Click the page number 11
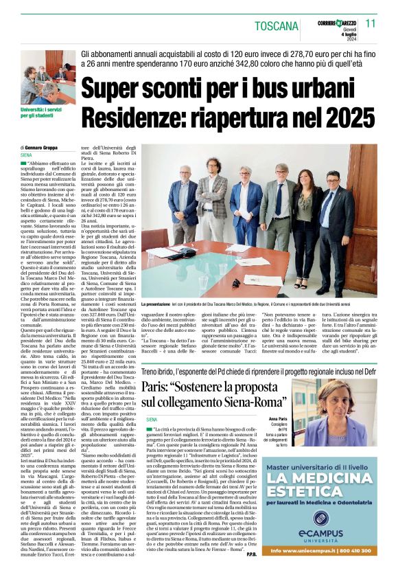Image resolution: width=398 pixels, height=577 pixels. click(x=371, y=23)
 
